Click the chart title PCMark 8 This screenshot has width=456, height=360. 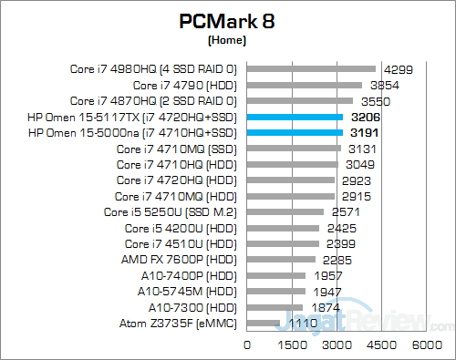pyautogui.click(x=227, y=21)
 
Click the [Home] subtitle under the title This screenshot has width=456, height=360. pyautogui.click(x=227, y=41)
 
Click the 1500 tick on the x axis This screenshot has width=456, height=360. pyautogui.click(x=292, y=345)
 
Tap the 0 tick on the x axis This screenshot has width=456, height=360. pyautogui.click(x=247, y=345)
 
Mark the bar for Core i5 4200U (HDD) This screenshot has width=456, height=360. pyautogui.click(x=284, y=228)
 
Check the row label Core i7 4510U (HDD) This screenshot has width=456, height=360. pyautogui.click(x=181, y=243)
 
